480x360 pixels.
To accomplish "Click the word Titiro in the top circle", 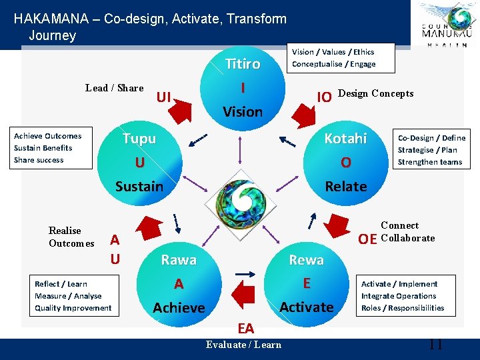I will coord(243,64).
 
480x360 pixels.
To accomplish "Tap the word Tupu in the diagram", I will coord(139,139).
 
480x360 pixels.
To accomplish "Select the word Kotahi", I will coord(345,139).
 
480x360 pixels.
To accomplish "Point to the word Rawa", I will coord(179,260).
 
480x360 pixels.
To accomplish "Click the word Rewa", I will coord(306,260).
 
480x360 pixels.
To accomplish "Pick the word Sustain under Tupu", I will coord(139,187).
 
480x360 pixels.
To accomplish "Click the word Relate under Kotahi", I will coord(345,187).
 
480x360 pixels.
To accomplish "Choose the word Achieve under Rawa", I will coord(179,307).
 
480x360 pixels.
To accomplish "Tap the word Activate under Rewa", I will coord(306,307).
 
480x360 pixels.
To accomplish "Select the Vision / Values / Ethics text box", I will coord(339,58).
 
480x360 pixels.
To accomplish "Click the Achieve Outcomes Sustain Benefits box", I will coord(52,148).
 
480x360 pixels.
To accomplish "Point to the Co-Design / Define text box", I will coord(430,150).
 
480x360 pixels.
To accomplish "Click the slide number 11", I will coord(435,345).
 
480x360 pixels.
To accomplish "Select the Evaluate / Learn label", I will coord(243,345).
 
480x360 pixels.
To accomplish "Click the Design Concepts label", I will coord(376,93).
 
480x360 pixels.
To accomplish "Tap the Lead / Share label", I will coord(115,88).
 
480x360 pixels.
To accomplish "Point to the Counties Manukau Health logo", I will coord(446,25).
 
